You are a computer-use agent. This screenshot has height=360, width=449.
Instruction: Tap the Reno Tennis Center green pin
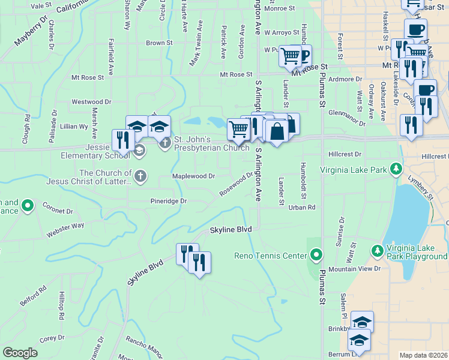tap(316, 256)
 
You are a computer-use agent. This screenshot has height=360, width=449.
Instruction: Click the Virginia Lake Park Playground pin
tap(376, 250)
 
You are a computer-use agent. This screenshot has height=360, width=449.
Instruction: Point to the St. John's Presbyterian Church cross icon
tap(166, 143)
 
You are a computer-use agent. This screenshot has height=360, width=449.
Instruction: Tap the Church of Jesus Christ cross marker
tap(139, 176)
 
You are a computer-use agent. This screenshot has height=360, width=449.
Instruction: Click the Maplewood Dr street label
tap(193, 176)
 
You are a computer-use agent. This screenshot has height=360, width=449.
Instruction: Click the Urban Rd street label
tap(301, 207)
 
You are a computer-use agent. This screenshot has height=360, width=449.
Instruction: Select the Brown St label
tap(159, 43)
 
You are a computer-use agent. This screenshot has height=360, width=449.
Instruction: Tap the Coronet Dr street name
tap(58, 208)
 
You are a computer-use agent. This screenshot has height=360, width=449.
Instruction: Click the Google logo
tap(20, 353)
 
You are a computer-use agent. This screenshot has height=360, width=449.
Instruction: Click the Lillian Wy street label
tap(74, 127)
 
